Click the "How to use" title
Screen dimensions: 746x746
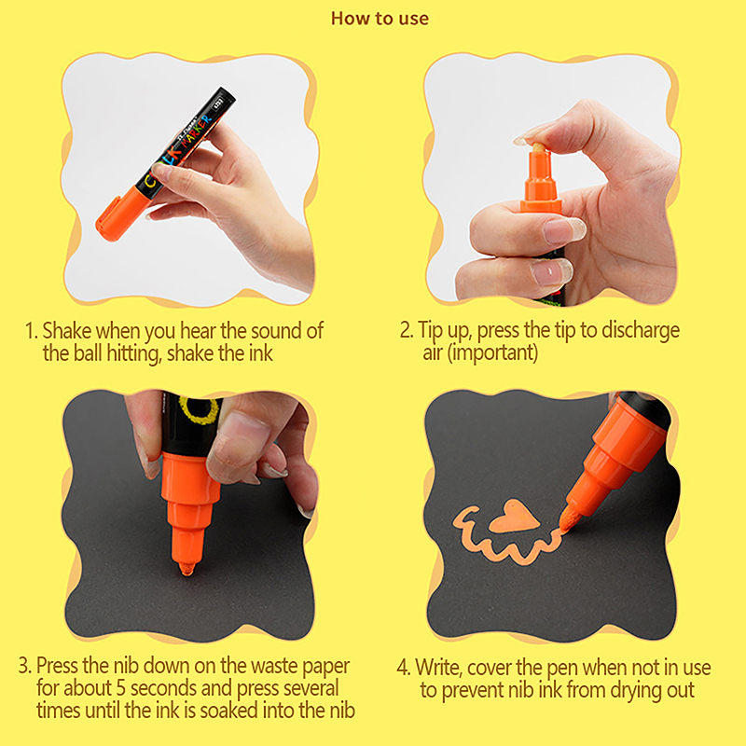point(380,19)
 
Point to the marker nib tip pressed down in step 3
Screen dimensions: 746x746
point(187,568)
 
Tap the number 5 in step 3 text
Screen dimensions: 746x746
point(121,688)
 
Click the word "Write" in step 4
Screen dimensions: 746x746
point(437,667)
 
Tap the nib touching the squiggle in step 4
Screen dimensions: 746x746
point(568,519)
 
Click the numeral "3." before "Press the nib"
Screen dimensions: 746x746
point(25,666)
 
